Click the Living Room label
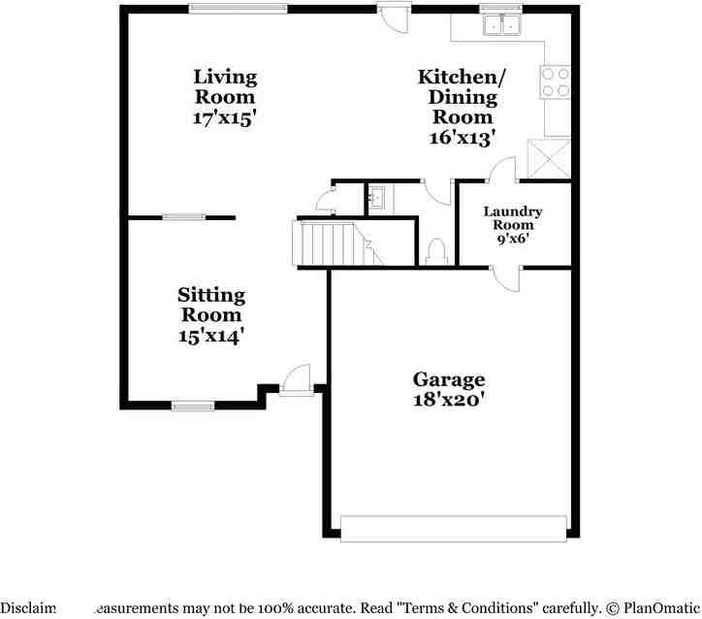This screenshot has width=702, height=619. click(225, 86)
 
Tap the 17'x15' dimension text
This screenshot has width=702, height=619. click(225, 118)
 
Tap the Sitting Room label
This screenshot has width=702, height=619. click(211, 305)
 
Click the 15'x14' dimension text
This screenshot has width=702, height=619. click(211, 336)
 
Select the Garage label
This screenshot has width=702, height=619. click(449, 379)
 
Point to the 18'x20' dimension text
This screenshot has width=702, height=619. click(449, 398)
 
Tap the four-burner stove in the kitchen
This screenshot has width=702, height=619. click(556, 82)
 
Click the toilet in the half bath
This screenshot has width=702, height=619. click(436, 251)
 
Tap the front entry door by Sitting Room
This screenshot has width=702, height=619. click(295, 381)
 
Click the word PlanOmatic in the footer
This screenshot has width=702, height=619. click(655, 608)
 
